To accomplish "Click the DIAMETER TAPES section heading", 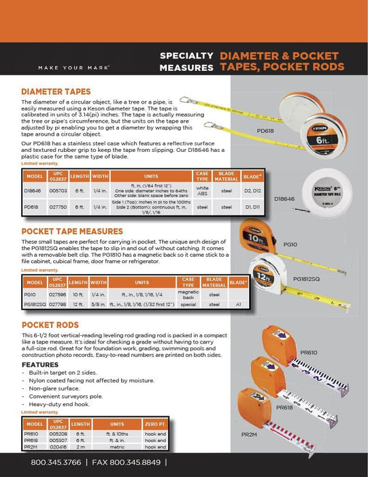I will coord(58,91).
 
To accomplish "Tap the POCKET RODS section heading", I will coord(52,325).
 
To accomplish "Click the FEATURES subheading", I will coord(39,365).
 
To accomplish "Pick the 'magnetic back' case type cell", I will coord(188,294).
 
